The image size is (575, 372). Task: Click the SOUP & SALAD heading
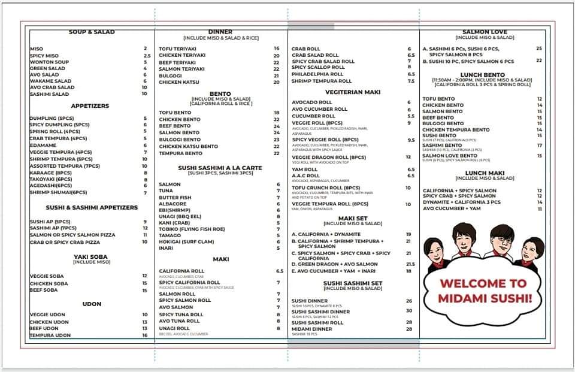point(92,32)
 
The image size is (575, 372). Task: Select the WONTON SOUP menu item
point(49,62)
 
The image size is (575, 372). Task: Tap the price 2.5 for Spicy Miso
point(146,55)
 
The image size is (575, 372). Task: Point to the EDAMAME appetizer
point(42,145)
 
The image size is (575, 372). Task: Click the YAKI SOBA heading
point(92,255)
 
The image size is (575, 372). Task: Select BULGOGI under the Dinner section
point(171,75)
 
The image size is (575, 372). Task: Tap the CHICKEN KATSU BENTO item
point(188,146)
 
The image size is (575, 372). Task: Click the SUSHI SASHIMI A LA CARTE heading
point(220,168)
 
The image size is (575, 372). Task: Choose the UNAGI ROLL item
point(174,328)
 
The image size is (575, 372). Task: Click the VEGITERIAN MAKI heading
point(353,92)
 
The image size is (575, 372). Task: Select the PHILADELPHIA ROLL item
point(317,74)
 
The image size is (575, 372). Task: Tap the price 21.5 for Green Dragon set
point(410,264)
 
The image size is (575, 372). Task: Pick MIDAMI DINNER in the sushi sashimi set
point(311,329)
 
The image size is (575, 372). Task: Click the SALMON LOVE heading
point(485,32)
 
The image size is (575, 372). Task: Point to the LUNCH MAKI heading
point(485,173)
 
